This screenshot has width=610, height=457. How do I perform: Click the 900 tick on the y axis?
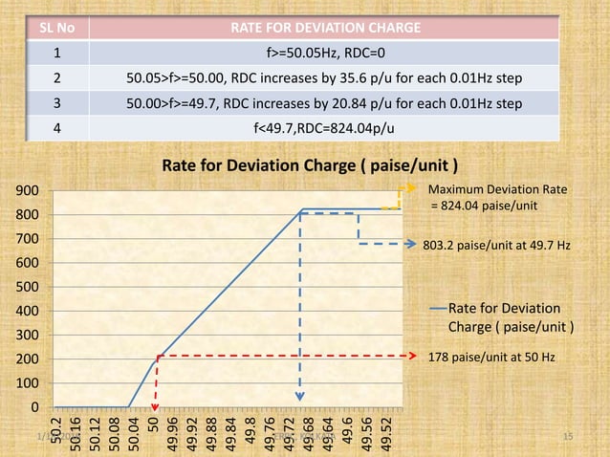(x=29, y=191)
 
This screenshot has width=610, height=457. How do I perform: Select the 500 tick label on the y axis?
(x=29, y=287)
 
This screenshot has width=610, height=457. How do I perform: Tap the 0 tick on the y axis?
(x=35, y=407)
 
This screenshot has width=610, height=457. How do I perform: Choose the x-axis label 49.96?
(x=172, y=431)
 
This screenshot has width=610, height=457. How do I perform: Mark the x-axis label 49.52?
(x=385, y=431)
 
